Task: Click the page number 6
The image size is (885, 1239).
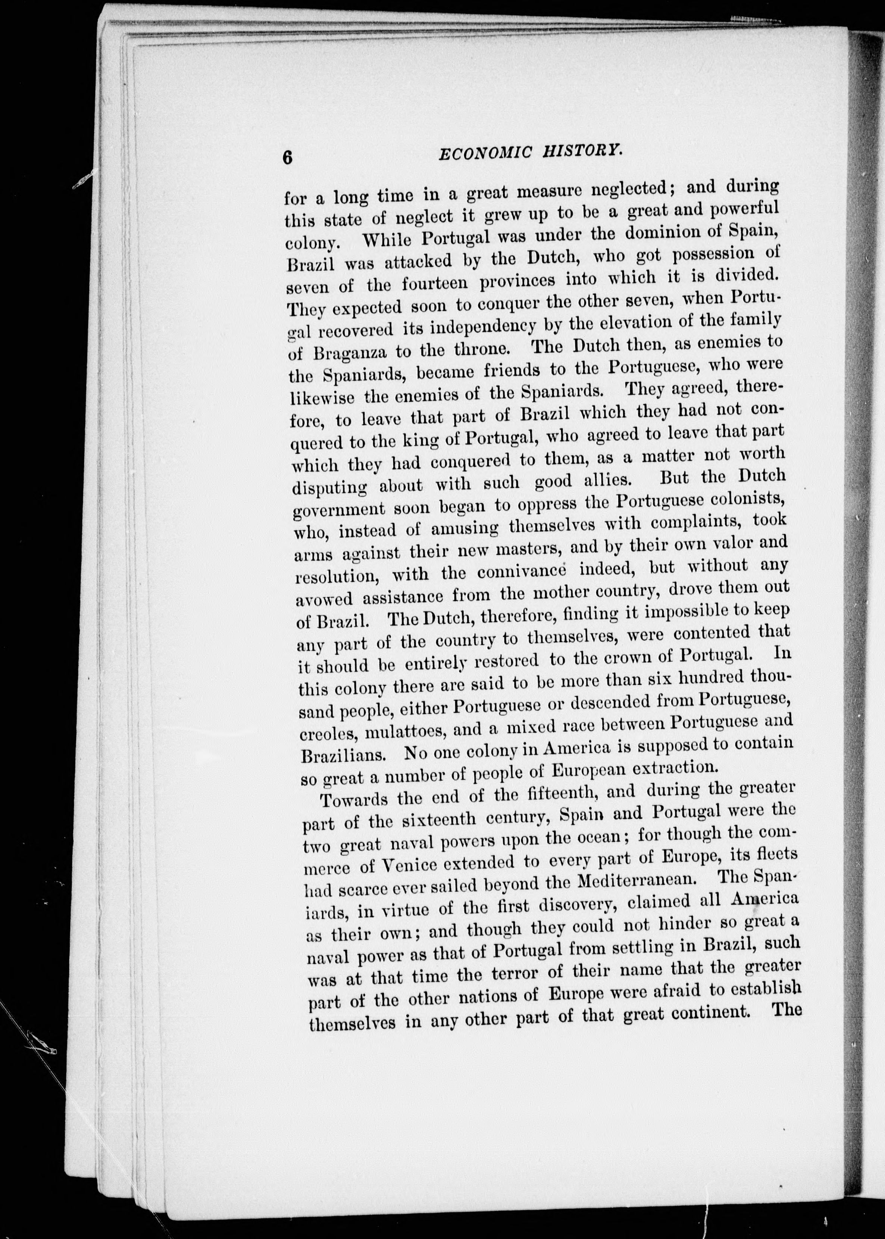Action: tap(288, 157)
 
